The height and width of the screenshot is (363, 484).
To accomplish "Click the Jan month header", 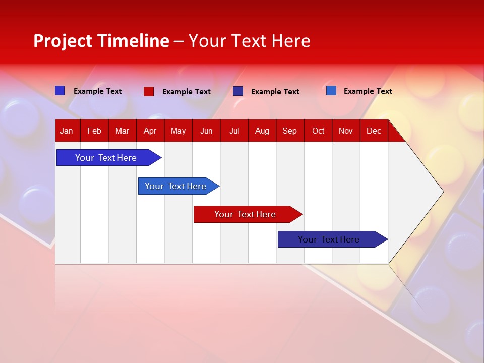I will pyautogui.click(x=67, y=131).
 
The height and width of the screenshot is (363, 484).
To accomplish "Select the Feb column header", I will pyautogui.click(x=94, y=131).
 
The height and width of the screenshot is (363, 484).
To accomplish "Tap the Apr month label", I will pyautogui.click(x=150, y=131).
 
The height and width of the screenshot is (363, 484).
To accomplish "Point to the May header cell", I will pyautogui.click(x=178, y=131).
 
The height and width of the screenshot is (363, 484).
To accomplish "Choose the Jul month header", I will pyautogui.click(x=234, y=131).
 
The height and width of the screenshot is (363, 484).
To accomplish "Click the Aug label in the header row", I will pyautogui.click(x=262, y=131).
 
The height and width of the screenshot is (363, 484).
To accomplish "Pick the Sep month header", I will pyautogui.click(x=290, y=131).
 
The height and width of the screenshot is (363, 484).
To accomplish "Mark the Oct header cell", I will pyautogui.click(x=318, y=131).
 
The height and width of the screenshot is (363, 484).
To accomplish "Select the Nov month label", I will pyautogui.click(x=346, y=131).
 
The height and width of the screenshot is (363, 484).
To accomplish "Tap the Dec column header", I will pyautogui.click(x=374, y=131).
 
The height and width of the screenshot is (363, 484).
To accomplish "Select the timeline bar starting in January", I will pyautogui.click(x=106, y=158).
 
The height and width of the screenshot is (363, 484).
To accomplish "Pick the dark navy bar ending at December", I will pyautogui.click(x=329, y=239).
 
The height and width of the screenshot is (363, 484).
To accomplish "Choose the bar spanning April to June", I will pyautogui.click(x=175, y=186).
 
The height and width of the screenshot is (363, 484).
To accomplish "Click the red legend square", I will pyautogui.click(x=149, y=91).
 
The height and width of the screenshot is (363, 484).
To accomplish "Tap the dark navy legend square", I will pyautogui.click(x=238, y=91).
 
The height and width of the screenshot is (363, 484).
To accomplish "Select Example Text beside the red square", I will pyautogui.click(x=187, y=92).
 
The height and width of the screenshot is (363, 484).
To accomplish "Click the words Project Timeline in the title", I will pyautogui.click(x=101, y=41).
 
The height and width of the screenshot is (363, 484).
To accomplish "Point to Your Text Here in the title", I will pyautogui.click(x=250, y=41).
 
